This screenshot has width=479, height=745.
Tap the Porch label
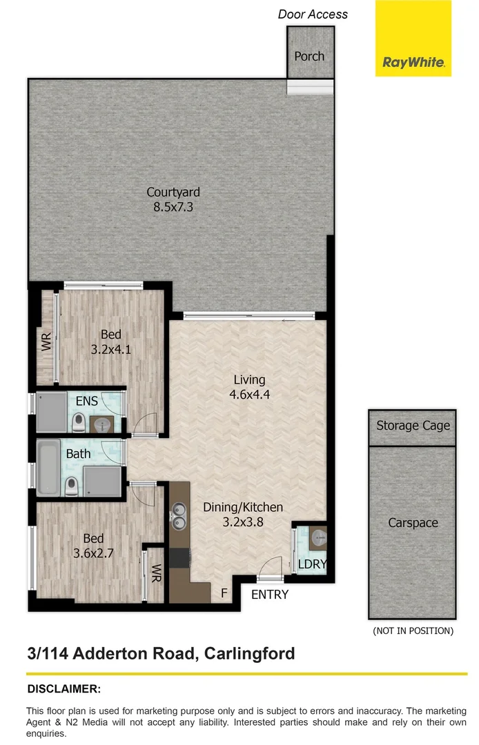pos(309,57)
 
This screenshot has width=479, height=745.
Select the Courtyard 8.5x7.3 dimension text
pos(173,206)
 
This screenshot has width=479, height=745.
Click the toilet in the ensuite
pos(78,420)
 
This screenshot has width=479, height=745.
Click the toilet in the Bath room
pos(70,488)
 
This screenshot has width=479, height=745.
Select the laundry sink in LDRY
pos(317,536)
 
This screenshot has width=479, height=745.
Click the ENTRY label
pos(269,594)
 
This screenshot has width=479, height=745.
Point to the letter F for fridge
pos(224,593)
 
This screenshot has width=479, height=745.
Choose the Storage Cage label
pos(413,426)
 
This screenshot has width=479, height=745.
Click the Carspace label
pos(413,523)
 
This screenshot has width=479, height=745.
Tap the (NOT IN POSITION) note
pos(413,630)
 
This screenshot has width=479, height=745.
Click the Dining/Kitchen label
pos(243,507)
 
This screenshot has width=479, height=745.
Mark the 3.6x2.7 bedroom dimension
pos(93,553)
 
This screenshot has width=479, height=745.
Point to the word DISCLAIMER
pos(63,688)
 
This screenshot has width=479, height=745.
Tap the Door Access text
pos(313,14)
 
